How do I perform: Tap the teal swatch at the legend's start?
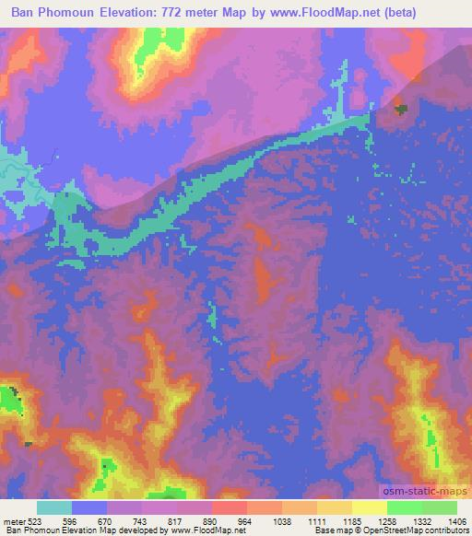point(54,507)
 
